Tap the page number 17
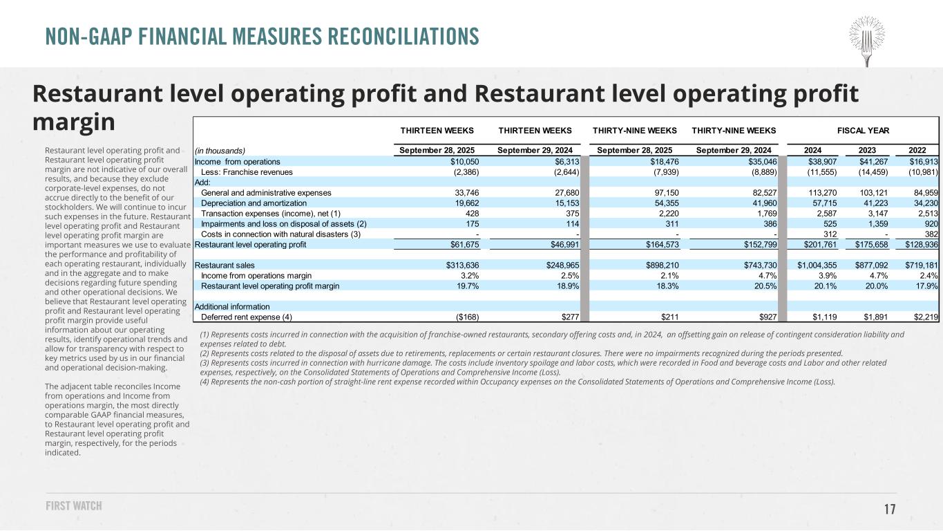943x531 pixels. pyautogui.click(x=890, y=510)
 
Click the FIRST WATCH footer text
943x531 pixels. pyautogui.click(x=74, y=506)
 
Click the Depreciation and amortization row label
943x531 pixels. pyautogui.click(x=254, y=203)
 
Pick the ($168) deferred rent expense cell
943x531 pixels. pyautogui.click(x=464, y=317)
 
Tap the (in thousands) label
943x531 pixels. pyautogui.click(x=220, y=151)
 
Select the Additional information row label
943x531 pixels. pyautogui.click(x=233, y=306)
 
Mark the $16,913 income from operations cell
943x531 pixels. pyautogui.click(x=921, y=161)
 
